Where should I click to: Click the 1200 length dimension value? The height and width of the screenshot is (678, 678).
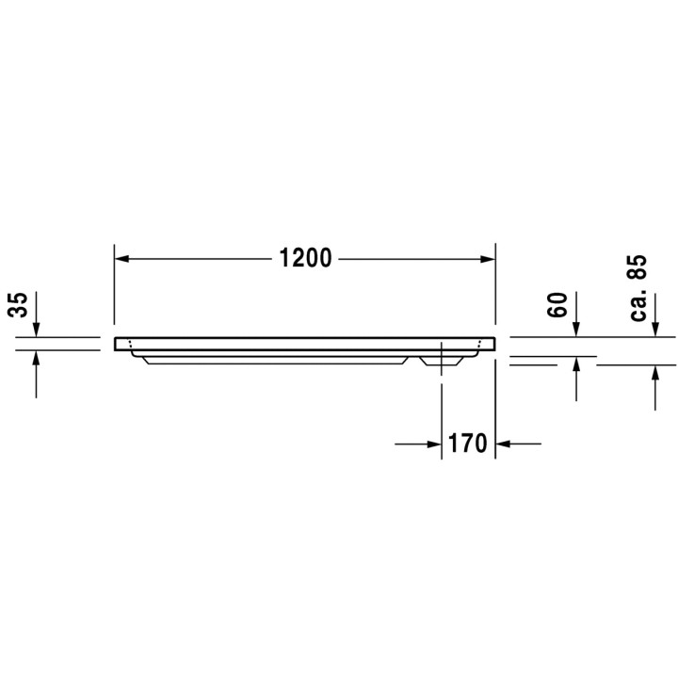coord(305,258)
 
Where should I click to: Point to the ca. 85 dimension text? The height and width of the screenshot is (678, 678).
coord(639,287)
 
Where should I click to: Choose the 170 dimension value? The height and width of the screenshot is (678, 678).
coord(468,443)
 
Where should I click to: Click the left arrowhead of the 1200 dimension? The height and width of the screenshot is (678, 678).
coord(121,258)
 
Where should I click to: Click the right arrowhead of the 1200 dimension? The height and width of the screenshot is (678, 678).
coord(489,258)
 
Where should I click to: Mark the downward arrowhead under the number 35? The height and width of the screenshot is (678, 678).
coord(36,330)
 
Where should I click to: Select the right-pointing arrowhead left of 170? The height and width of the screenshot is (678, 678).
coord(434,443)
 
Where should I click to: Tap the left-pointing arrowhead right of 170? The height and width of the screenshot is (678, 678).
coord(503,443)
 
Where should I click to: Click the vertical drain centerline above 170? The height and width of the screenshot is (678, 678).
coord(441,395)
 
